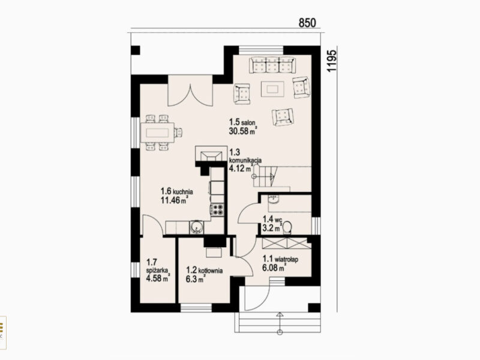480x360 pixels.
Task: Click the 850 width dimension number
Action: (307, 23)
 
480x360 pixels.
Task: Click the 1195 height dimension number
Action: (332, 61)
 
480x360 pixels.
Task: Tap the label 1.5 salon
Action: (242, 122)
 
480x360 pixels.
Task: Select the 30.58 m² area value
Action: (243, 131)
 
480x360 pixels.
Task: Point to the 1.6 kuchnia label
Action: (176, 191)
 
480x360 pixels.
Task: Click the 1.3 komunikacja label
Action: (245, 156)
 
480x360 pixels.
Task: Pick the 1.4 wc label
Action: (272, 219)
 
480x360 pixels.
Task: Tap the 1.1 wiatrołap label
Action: (280, 259)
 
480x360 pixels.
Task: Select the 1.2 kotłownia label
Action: (204, 271)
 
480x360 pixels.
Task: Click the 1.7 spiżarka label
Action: (157, 266)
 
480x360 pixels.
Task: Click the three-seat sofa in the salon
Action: (272, 65)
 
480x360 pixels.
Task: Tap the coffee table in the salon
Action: (272, 89)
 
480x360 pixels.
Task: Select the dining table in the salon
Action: (157, 133)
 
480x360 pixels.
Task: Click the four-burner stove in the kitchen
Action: (218, 209)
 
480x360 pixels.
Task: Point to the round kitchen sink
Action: (196, 228)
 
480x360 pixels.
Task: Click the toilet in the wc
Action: (287, 228)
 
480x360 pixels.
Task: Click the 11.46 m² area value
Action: (174, 200)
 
